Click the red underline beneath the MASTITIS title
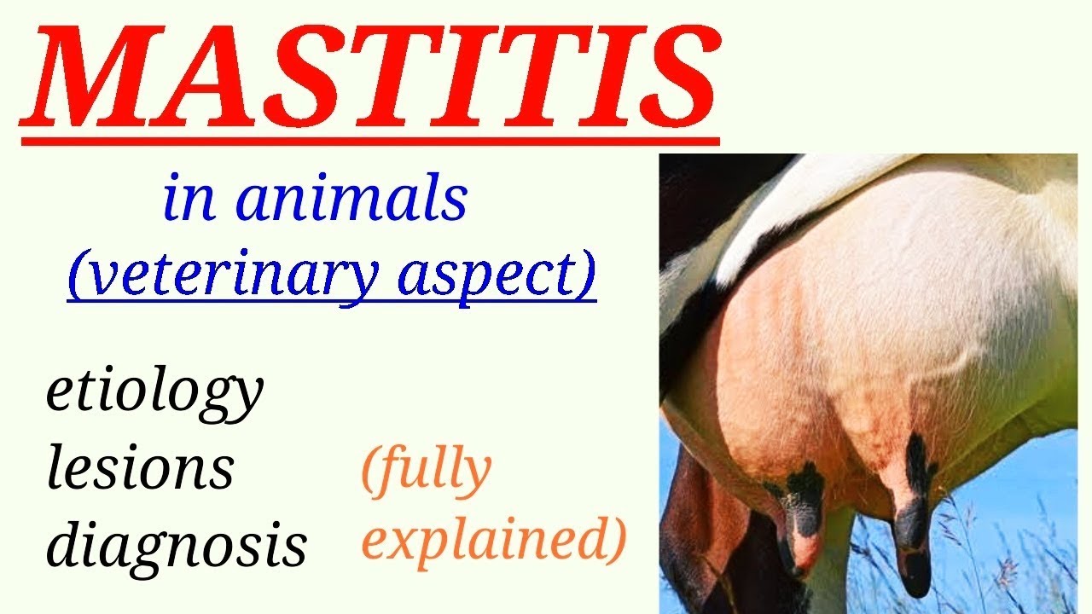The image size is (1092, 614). [369, 139]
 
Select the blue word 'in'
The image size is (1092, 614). [189, 200]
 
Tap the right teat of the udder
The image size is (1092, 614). [913, 512]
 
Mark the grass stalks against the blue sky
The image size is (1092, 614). [1007, 554]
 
